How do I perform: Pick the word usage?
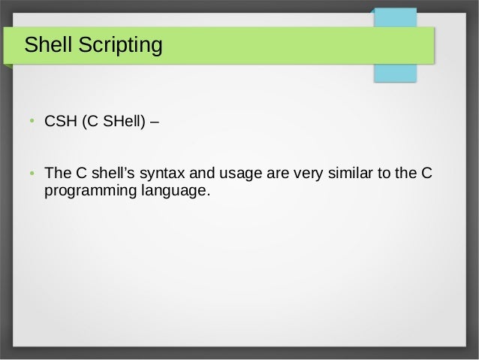pos(231,175)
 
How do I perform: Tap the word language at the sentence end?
pos(173,192)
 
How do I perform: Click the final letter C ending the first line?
pos(426,175)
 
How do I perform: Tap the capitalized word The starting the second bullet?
pos(58,175)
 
